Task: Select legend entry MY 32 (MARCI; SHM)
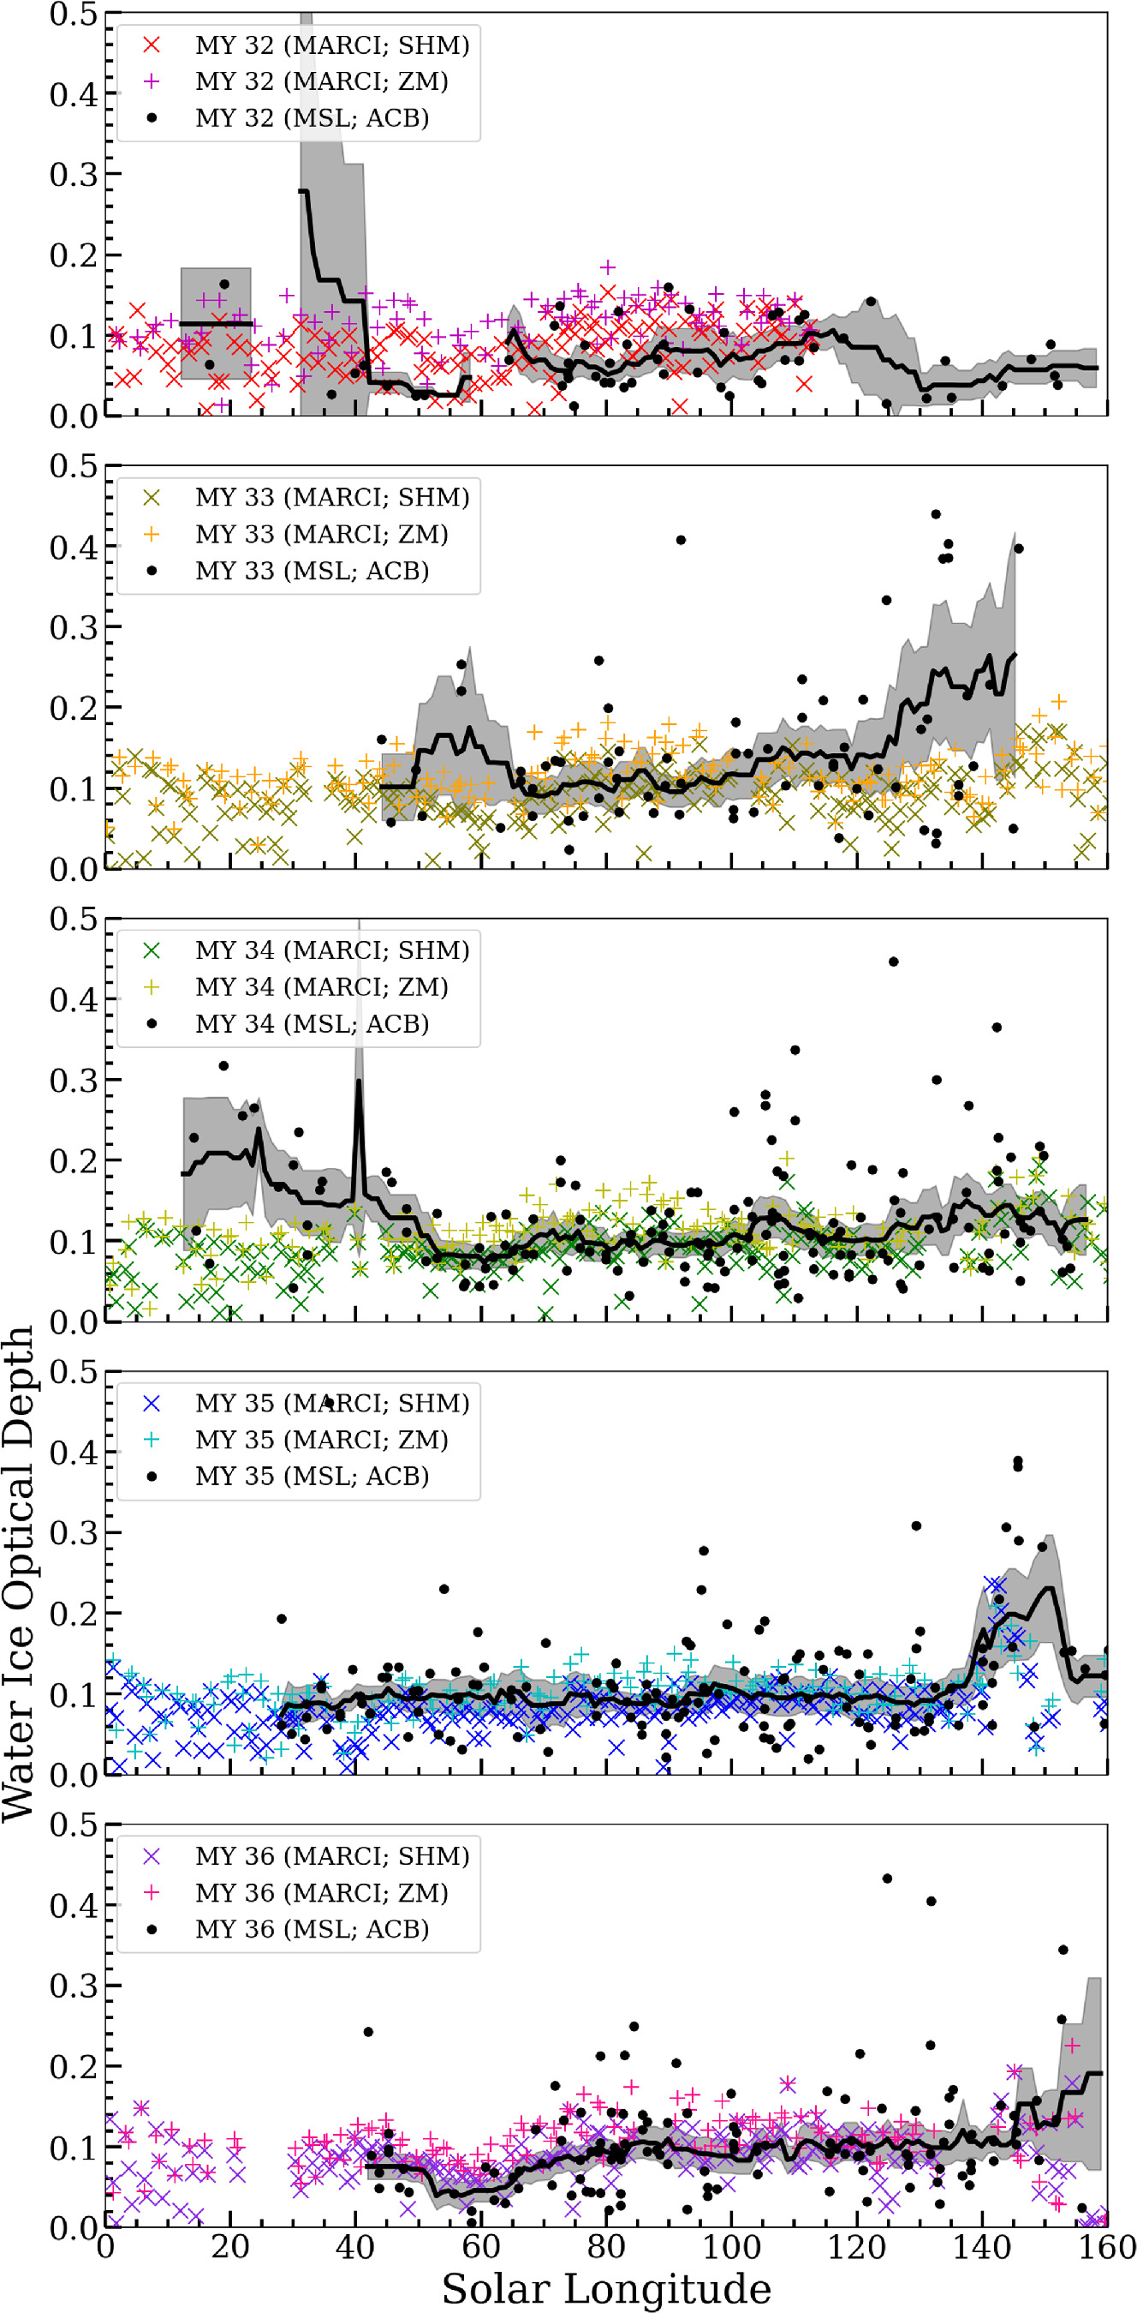pyautogui.click(x=332, y=45)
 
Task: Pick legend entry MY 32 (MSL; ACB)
pyautogui.click(x=312, y=117)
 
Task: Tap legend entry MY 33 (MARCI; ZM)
pyautogui.click(x=321, y=534)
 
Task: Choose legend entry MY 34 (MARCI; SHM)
pyautogui.click(x=332, y=950)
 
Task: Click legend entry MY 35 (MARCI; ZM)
pyautogui.click(x=321, y=1440)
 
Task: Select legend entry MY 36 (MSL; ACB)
pyautogui.click(x=312, y=1929)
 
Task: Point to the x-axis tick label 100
pyautogui.click(x=730, y=2248)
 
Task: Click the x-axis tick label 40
pyautogui.click(x=355, y=2248)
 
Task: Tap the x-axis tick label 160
pyautogui.click(x=1106, y=2248)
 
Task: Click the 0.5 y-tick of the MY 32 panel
pyautogui.click(x=74, y=15)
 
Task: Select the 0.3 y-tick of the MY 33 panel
pyautogui.click(x=74, y=627)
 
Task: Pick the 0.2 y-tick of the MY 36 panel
pyautogui.click(x=74, y=2066)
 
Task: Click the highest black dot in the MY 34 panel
pyautogui.click(x=893, y=962)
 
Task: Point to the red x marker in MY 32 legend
pyautogui.click(x=152, y=45)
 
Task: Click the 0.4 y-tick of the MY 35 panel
pyautogui.click(x=74, y=1452)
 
